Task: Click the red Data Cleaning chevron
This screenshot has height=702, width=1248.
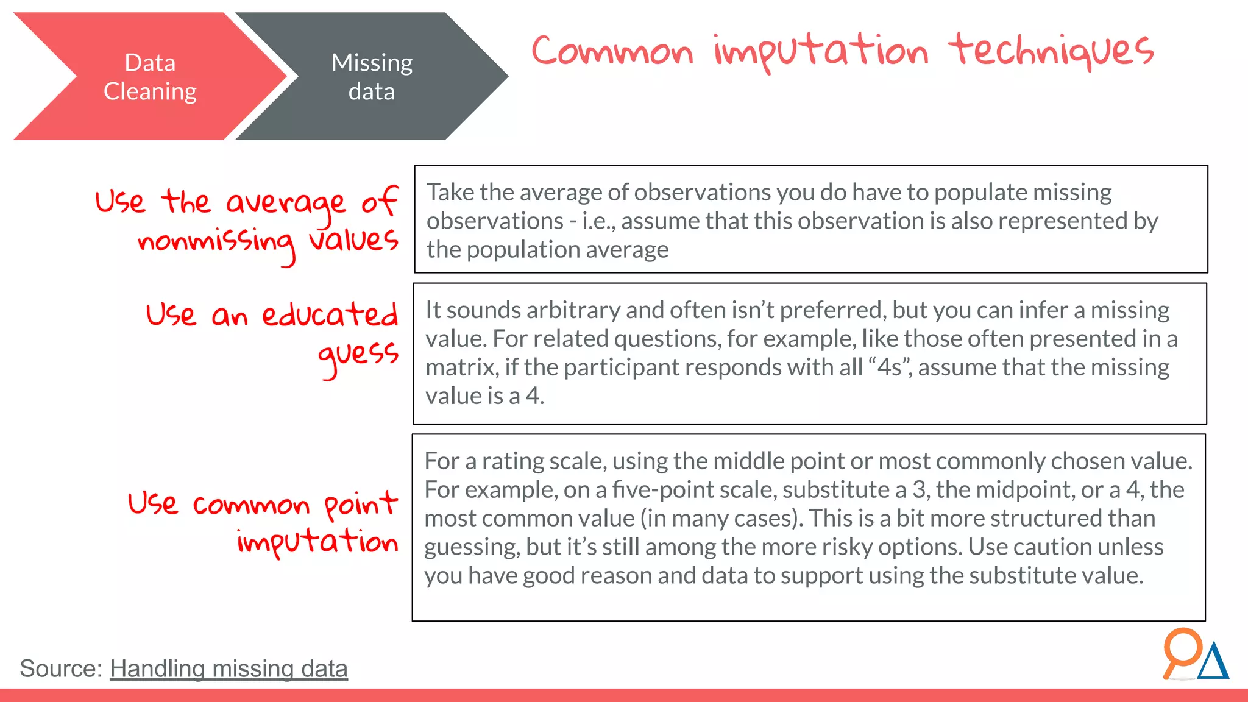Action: [x=150, y=77]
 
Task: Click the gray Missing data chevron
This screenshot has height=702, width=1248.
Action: [x=372, y=77]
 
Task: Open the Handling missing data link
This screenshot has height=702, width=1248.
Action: [x=229, y=668]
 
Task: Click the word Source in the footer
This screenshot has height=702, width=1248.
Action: [x=60, y=668]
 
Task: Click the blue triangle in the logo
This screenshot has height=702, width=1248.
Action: [x=1213, y=662]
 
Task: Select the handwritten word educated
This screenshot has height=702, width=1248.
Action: [x=330, y=314]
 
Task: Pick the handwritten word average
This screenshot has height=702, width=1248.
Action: [x=286, y=203]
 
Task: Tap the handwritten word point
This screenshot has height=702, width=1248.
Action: [x=360, y=505]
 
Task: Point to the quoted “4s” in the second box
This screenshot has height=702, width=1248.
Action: [x=890, y=367]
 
